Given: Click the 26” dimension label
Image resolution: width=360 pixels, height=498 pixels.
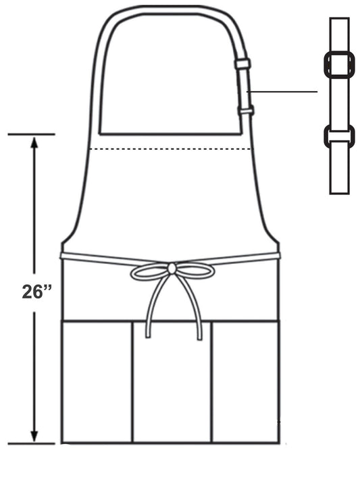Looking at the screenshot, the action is tap(36, 292).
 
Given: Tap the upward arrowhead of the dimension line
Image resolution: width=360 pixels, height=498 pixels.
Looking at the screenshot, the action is tap(34, 143).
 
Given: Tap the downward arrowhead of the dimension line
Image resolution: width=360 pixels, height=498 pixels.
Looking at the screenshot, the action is tap(34, 435).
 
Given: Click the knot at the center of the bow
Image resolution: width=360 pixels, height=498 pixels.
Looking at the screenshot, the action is tap(172, 269).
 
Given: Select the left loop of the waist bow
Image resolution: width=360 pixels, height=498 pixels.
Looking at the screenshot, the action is tap(149, 272).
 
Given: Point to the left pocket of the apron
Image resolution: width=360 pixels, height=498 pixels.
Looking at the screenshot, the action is tap(97, 382).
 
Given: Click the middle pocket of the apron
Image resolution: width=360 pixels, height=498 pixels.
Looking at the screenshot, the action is tap(172, 382).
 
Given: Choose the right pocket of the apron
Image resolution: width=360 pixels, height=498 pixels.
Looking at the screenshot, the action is tap(245, 382).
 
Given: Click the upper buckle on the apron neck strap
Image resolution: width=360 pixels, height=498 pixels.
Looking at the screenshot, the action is tap(242, 63).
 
